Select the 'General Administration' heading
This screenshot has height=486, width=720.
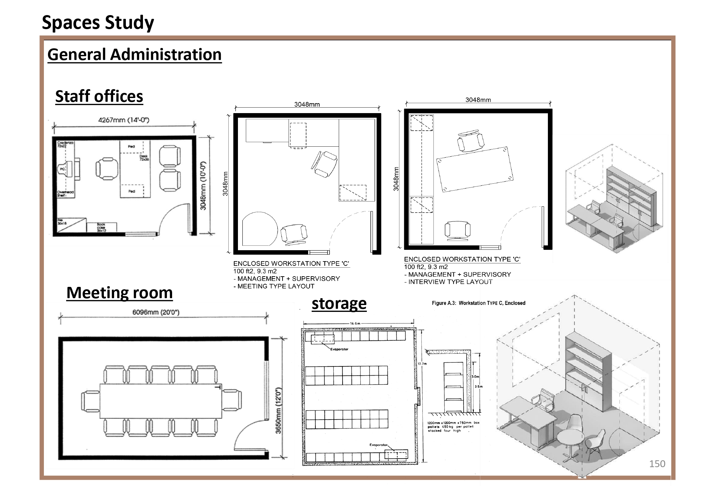coord(134,54)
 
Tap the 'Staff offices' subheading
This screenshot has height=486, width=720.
coord(99,96)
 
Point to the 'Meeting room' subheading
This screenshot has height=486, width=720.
coord(119,293)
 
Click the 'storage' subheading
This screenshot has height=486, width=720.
coord(339,304)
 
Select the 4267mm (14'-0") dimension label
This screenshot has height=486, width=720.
coord(123,120)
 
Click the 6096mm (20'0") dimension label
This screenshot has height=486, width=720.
coord(156,312)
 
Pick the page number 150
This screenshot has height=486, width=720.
coord(657,464)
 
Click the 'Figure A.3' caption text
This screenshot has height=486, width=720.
coord(478,303)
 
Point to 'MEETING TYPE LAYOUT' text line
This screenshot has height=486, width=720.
coord(274,286)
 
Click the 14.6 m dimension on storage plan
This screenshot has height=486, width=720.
coord(355,323)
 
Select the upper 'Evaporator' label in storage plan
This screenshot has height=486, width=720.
coord(339,349)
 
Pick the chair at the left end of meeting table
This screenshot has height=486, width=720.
coord(90,401)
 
